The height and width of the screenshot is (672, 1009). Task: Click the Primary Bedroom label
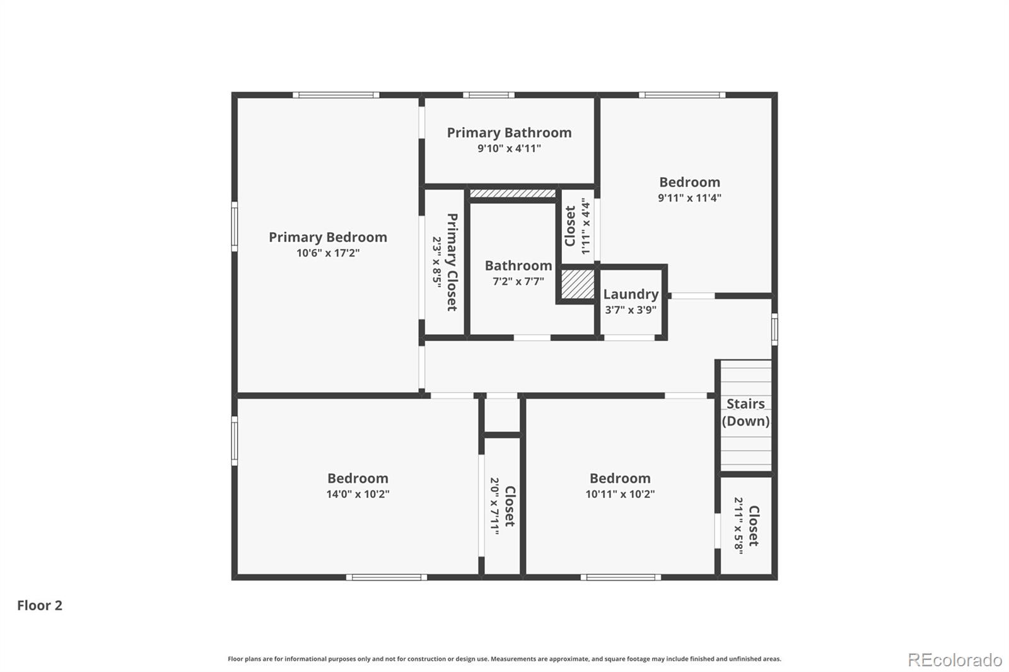(328, 237)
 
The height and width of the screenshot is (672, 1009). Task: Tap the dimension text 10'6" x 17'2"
(328, 253)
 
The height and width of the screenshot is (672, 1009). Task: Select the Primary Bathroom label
(509, 132)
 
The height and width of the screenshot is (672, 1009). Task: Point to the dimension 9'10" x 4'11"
(509, 149)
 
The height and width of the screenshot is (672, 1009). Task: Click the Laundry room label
(631, 294)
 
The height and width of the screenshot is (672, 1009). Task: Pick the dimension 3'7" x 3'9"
(631, 310)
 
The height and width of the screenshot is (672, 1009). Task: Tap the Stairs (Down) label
(745, 412)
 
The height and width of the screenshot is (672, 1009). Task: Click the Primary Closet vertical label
(452, 262)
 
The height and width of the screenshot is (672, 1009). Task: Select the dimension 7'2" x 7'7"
(518, 281)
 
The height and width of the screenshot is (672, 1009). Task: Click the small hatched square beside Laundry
(578, 284)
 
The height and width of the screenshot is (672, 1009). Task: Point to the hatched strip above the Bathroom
(513, 194)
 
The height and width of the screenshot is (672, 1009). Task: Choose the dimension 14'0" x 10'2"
(358, 494)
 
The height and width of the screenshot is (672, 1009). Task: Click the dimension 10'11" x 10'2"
(620, 494)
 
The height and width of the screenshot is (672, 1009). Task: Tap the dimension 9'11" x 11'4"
(689, 197)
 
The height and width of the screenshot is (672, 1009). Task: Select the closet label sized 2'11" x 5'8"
(753, 525)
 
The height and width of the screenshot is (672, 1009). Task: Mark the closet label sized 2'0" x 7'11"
(510, 506)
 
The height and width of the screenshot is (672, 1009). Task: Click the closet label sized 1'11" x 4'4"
(570, 226)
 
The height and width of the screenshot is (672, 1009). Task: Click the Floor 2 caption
(40, 605)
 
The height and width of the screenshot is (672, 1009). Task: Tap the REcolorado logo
(955, 659)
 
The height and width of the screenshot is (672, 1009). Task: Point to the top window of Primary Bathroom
(488, 95)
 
